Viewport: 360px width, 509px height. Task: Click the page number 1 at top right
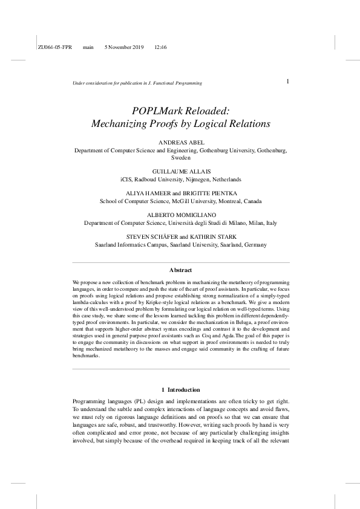click(x=287, y=81)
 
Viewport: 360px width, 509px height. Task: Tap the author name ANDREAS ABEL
click(x=181, y=142)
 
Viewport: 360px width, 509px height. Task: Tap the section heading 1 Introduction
click(x=181, y=389)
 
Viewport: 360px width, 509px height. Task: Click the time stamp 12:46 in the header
click(x=161, y=47)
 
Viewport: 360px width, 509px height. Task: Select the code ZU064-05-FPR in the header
click(x=54, y=47)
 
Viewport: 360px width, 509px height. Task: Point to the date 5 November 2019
click(x=124, y=47)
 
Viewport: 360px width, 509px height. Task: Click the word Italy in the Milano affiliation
click(x=270, y=223)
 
